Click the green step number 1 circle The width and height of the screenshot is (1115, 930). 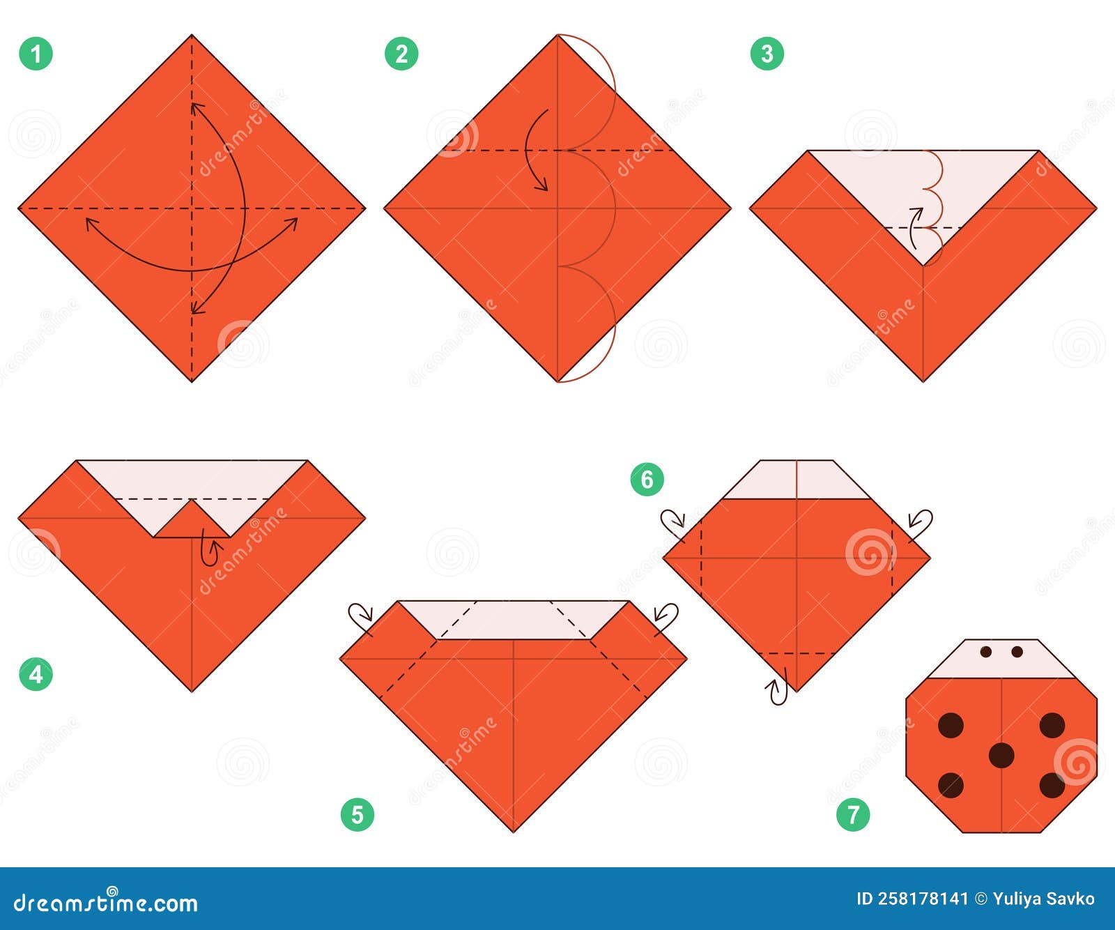tap(36, 54)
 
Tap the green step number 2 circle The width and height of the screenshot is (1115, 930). tap(401, 54)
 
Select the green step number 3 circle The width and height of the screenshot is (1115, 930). tap(767, 54)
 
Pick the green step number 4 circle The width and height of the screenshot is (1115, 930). tap(36, 674)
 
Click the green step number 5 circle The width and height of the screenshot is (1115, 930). tap(357, 814)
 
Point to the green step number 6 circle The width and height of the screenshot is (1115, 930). tap(647, 480)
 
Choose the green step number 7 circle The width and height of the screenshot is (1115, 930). tap(854, 814)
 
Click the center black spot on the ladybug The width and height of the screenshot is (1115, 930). tap(1001, 755)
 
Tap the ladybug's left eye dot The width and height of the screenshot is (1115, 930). tap(986, 652)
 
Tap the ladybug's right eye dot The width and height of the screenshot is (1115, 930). tap(1017, 652)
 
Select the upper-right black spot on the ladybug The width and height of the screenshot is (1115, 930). tap(1052, 725)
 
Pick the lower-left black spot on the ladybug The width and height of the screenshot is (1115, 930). tap(951, 785)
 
